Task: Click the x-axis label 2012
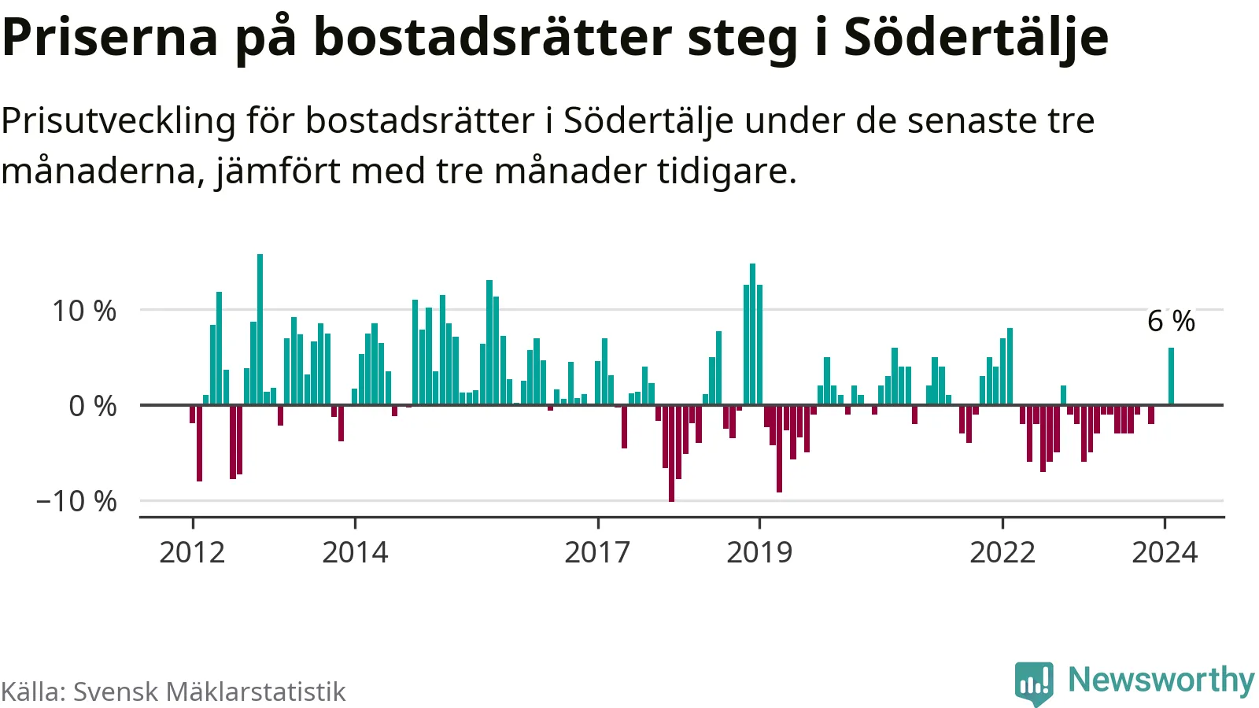tap(192, 552)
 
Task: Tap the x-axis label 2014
tap(355, 552)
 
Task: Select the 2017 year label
tap(597, 552)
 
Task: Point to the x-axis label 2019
tap(759, 552)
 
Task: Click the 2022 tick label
tap(1002, 552)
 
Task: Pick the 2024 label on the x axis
tap(1165, 552)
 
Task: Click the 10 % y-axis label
tap(84, 311)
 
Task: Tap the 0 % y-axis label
tap(93, 406)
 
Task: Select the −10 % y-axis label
tap(76, 501)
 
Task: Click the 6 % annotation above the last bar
tap(1171, 321)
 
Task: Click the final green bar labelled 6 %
tap(1171, 376)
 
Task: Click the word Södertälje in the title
tap(976, 37)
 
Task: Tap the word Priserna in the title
tap(110, 37)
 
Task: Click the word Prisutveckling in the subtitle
tap(118, 121)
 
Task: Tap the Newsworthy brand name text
tap(1161, 680)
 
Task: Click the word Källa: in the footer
tap(33, 691)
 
